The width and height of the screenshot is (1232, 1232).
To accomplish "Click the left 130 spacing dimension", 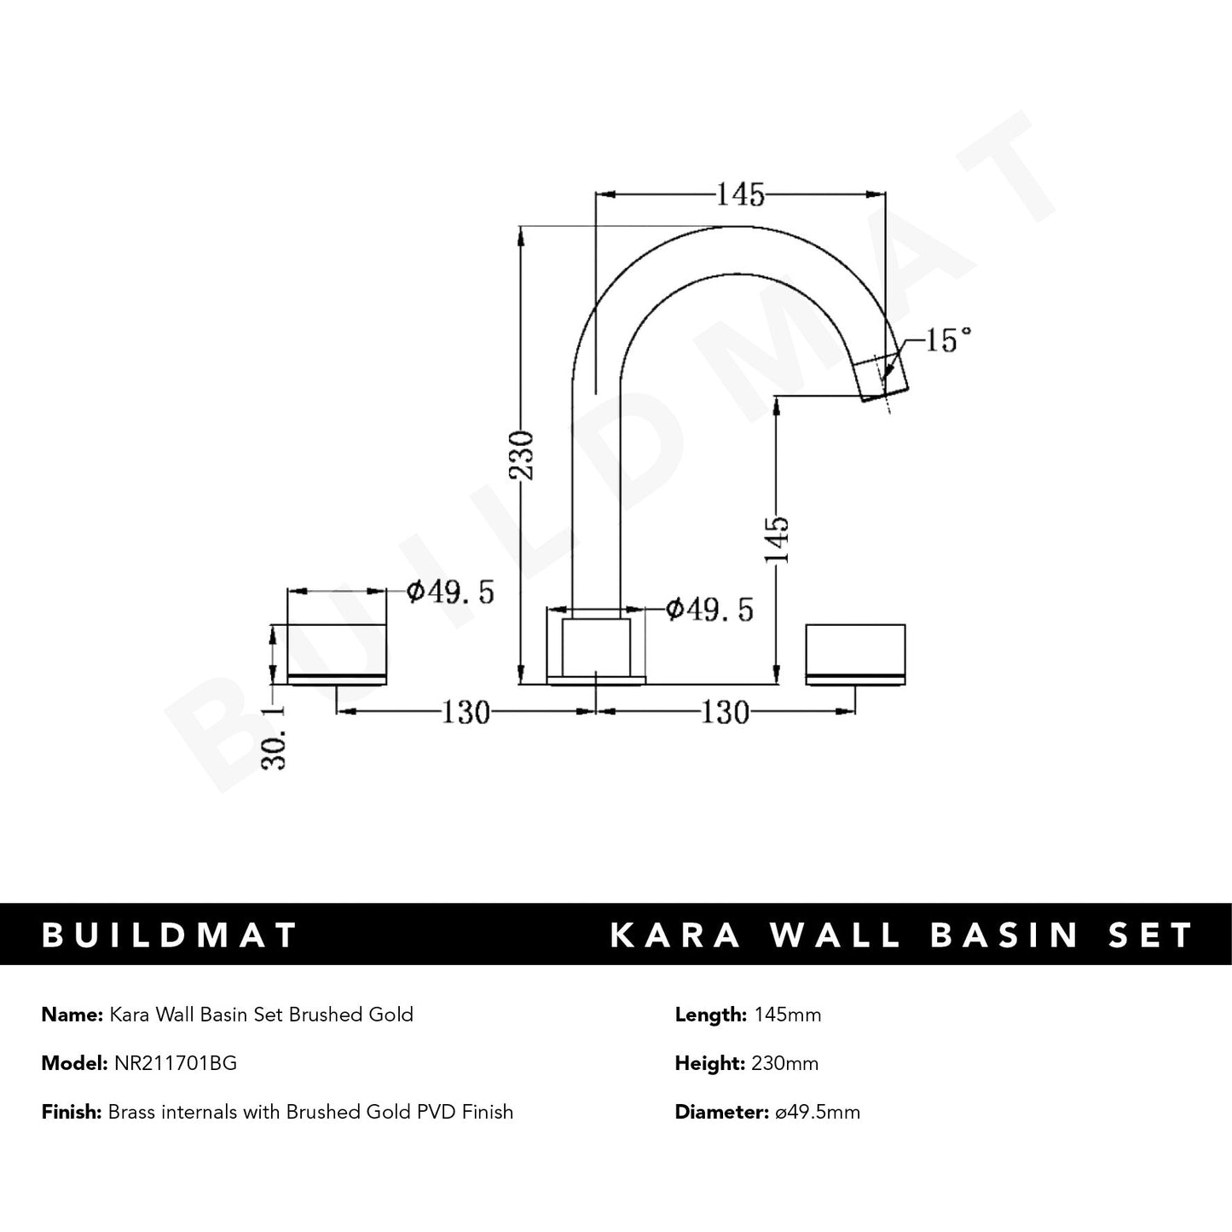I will tap(466, 711).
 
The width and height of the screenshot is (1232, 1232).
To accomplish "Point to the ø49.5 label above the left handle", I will tap(450, 592).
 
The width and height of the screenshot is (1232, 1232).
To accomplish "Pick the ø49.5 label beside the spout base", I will tap(709, 609).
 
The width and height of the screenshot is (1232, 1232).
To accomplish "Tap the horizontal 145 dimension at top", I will tap(739, 195).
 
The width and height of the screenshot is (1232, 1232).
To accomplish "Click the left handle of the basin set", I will tap(338, 654).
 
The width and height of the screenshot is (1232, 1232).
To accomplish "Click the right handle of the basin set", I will tap(855, 654).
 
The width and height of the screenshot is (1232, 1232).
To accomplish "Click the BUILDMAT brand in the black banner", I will tap(170, 934).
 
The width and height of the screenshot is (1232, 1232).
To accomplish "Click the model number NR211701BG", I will tap(175, 1063).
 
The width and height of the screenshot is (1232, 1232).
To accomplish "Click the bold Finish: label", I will tap(72, 1112).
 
